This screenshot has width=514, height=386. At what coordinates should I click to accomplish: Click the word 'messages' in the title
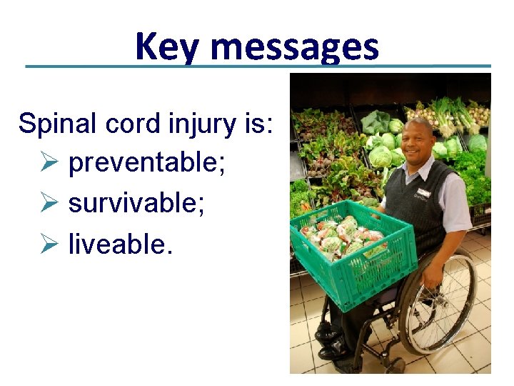(294, 48)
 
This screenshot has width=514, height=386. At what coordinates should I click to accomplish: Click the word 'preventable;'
(147, 164)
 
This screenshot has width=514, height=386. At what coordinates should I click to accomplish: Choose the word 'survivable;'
(136, 204)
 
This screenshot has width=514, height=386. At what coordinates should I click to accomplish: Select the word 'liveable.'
(121, 244)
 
